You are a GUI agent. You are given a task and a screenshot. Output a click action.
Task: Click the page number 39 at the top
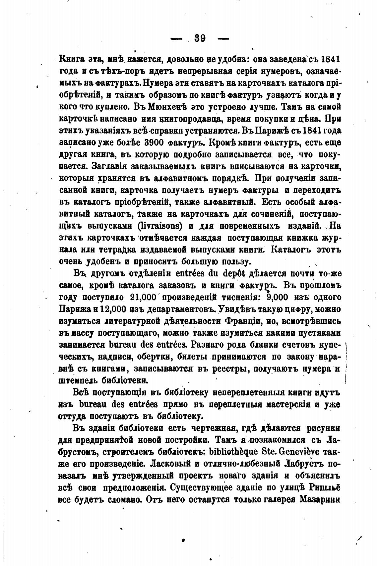tap(200, 38)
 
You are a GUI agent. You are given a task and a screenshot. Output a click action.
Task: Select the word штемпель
tap(79, 380)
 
